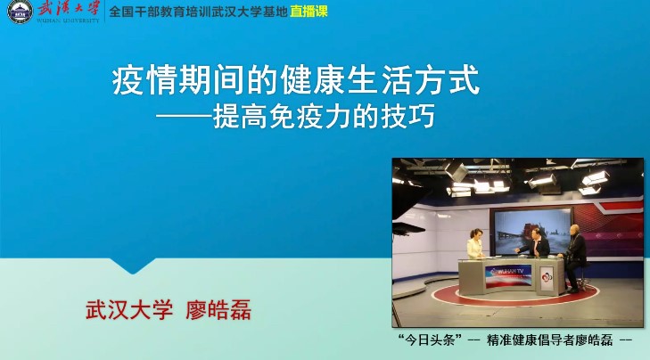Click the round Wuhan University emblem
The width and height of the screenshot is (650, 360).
(20, 12)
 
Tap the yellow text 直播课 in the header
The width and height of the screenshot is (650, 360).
(309, 12)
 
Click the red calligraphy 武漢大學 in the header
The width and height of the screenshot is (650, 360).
(69, 8)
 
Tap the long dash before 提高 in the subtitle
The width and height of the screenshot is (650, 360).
(185, 117)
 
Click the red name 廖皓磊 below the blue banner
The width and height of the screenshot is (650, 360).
(218, 310)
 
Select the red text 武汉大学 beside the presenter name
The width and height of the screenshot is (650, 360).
(129, 310)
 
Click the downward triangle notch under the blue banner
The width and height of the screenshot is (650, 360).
(133, 266)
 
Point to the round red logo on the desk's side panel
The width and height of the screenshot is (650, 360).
(547, 276)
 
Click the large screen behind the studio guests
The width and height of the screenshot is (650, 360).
(531, 231)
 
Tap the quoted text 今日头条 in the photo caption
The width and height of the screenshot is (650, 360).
(430, 340)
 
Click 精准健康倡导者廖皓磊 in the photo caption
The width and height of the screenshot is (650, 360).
(549, 340)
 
